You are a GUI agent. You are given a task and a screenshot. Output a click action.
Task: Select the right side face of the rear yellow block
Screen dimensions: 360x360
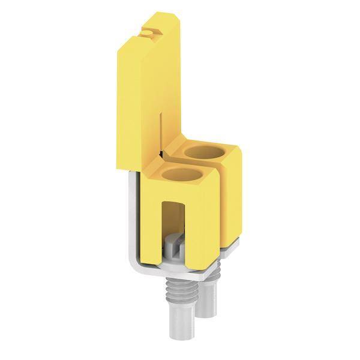[x=234, y=192]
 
